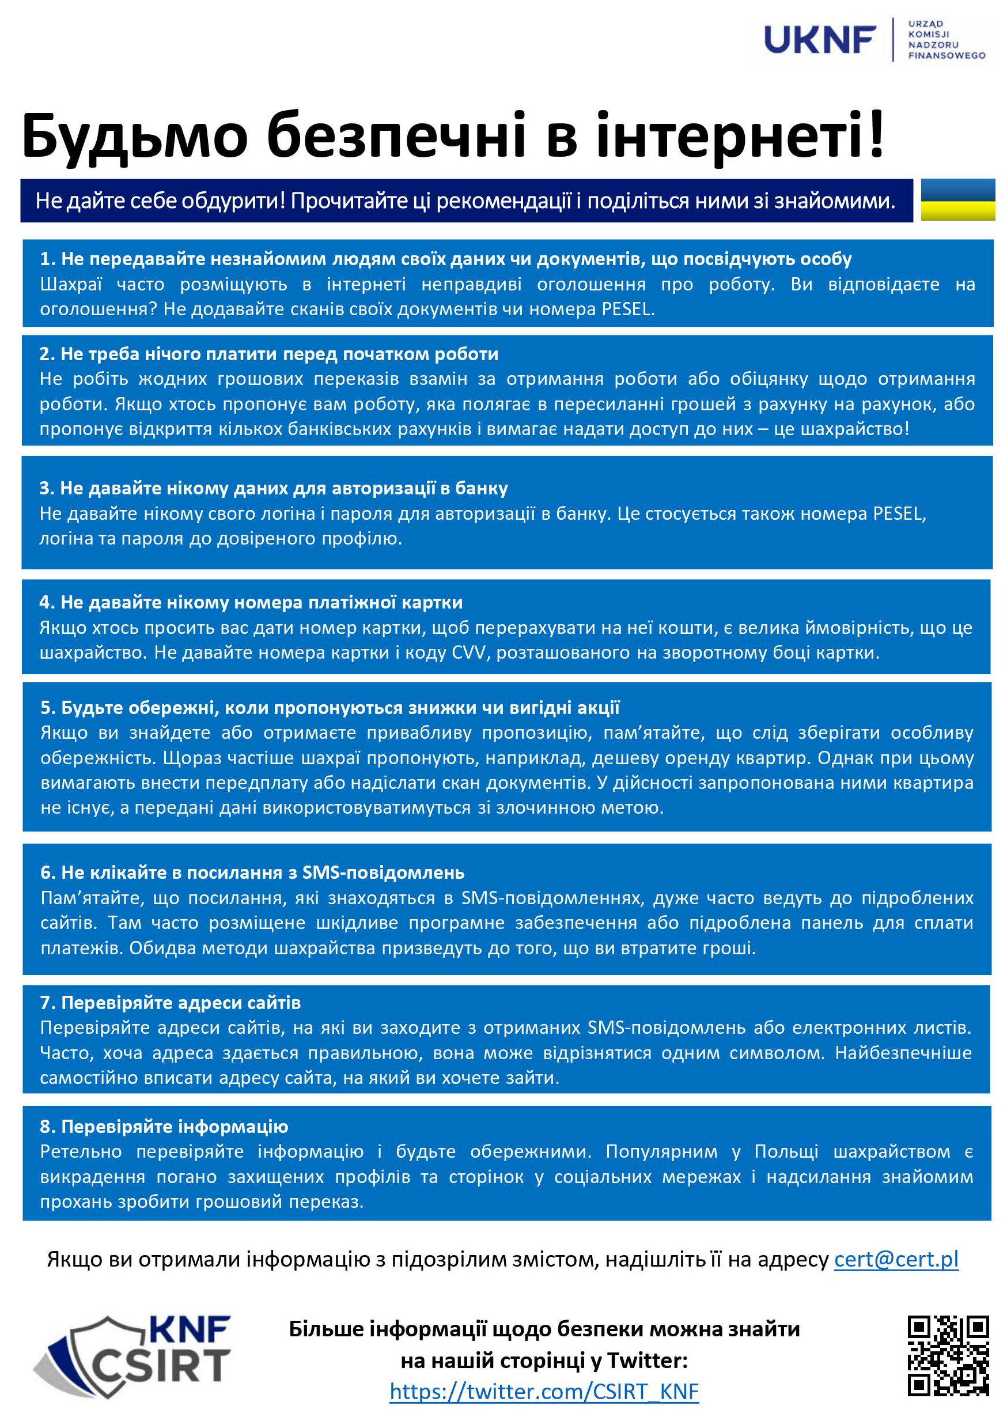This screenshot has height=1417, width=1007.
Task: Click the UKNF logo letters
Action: [820, 40]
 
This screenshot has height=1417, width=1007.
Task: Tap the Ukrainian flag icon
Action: [957, 200]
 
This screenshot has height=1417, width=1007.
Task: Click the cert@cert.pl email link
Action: [896, 1259]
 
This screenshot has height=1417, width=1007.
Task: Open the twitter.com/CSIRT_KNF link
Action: [544, 1391]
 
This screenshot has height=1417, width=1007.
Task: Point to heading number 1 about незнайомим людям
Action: [445, 259]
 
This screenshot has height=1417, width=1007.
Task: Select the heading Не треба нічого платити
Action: [268, 353]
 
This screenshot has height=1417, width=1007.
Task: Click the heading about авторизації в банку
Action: [274, 488]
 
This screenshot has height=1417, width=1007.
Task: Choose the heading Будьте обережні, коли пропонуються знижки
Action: [330, 708]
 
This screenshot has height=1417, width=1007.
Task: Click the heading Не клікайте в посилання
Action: [252, 872]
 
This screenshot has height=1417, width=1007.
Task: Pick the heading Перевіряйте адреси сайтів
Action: [171, 1003]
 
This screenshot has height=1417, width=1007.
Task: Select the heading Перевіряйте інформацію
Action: [164, 1126]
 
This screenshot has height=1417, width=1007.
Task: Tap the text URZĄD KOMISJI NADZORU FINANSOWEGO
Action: [947, 40]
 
